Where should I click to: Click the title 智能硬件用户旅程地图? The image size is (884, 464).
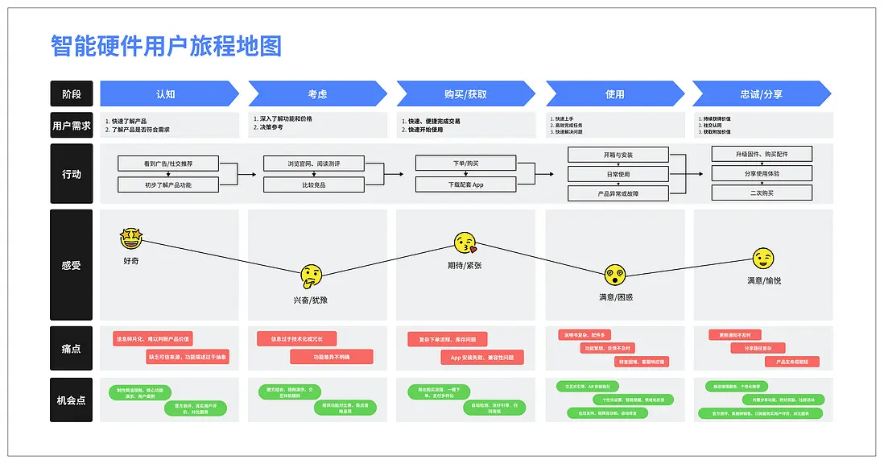[166, 46]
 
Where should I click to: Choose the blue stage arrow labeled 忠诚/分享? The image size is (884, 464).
[761, 93]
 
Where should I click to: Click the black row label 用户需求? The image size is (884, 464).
[72, 125]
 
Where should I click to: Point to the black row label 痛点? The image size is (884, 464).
[72, 348]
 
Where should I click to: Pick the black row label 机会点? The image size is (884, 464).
[72, 400]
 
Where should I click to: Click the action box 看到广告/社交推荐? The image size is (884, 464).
[168, 164]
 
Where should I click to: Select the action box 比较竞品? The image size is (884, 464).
[314, 184]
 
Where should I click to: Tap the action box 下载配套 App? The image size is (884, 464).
[465, 184]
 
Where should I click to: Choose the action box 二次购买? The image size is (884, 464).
[762, 193]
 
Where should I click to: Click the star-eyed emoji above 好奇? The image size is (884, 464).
[131, 238]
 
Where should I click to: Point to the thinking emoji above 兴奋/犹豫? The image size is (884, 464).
[312, 277]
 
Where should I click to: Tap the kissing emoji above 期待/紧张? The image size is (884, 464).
[465, 242]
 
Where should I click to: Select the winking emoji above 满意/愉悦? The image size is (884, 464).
[763, 259]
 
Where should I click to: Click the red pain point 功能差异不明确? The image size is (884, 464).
[332, 356]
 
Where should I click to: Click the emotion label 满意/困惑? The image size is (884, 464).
[616, 297]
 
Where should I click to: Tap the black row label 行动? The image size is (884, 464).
[72, 174]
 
